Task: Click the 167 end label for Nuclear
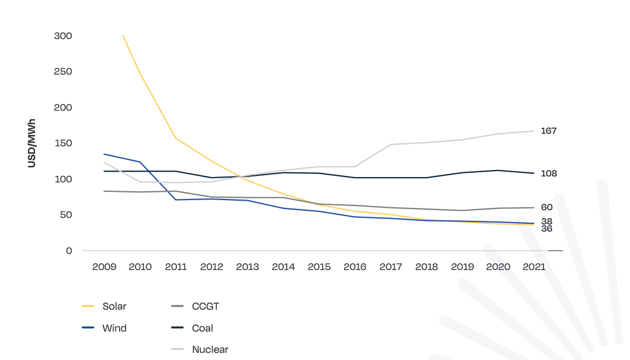click(548, 131)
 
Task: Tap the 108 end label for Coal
click(548, 173)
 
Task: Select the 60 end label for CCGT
click(546, 207)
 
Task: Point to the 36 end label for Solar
click(546, 229)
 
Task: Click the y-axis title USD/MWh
click(32, 143)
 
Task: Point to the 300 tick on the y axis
click(63, 36)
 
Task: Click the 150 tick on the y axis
click(63, 143)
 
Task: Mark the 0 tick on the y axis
click(69, 251)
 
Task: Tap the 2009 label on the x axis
click(104, 267)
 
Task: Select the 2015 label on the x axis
click(319, 267)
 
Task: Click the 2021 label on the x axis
click(533, 267)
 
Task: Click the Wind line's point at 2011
click(176, 200)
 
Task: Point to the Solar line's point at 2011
click(176, 138)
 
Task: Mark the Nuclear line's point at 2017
click(391, 144)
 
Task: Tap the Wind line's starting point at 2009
click(104, 154)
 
